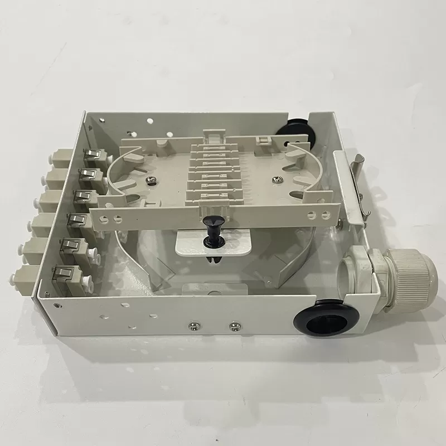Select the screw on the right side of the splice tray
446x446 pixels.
[x=277, y=180]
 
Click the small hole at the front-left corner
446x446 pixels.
[x=60, y=304]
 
